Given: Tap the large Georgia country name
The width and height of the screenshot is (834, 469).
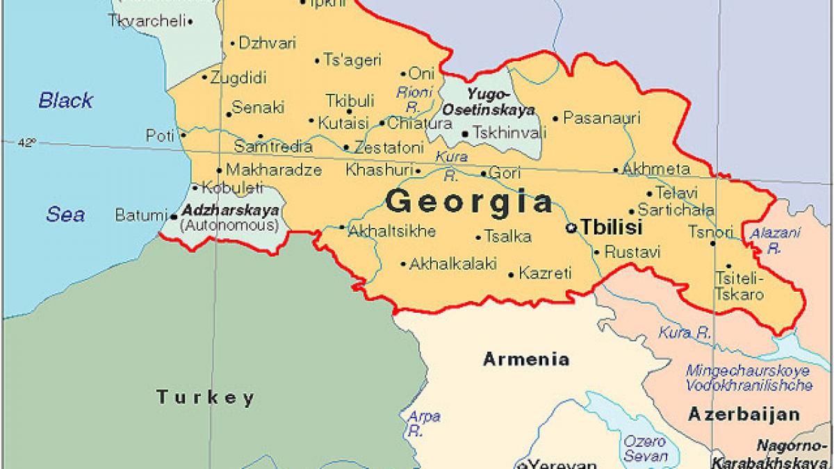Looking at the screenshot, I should tap(470, 201).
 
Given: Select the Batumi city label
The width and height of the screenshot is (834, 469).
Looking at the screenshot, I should tap(142, 215).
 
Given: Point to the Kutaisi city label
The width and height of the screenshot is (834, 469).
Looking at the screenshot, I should tap(343, 123).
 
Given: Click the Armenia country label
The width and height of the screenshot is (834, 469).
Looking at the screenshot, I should tap(526, 359).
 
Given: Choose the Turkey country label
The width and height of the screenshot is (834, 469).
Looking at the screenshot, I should tap(205, 397).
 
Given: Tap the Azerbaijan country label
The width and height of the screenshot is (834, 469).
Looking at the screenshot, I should tap(744, 415).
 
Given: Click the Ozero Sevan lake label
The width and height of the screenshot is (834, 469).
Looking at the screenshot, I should tap(644, 449).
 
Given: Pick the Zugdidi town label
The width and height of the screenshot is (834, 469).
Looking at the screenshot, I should tap(238, 77).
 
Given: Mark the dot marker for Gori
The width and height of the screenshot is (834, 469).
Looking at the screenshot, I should tap(484, 173).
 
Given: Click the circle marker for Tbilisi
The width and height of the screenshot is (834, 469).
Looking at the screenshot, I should tap(571, 227).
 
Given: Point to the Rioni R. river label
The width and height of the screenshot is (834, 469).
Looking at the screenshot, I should tap(414, 99).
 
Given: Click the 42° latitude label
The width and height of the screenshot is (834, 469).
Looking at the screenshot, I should tap(26, 142).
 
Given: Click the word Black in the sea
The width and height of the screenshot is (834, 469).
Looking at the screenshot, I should tap(65, 100).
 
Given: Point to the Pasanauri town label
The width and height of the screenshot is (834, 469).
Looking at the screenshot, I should tap(601, 117).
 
